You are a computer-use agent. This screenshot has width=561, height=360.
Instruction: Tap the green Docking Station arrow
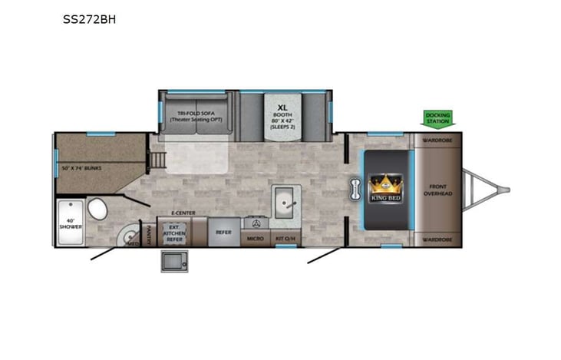(x=438, y=119)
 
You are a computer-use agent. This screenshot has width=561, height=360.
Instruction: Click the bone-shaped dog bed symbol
(x=355, y=189)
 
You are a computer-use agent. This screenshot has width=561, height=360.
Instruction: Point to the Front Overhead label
(x=438, y=189)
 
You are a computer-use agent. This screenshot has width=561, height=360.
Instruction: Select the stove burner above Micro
(x=256, y=223)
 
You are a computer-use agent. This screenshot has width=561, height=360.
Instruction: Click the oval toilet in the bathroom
(x=97, y=208)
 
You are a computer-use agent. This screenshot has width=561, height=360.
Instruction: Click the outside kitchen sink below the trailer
(x=173, y=262)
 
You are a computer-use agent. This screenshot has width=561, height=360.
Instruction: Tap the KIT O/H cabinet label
(x=285, y=239)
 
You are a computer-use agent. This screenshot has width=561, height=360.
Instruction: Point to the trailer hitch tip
(x=507, y=189)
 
